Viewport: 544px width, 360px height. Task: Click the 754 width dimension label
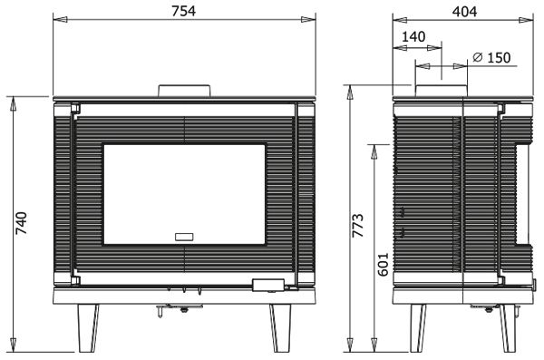(183, 11)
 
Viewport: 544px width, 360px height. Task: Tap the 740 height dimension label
(21, 223)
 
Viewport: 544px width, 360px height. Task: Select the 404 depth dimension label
(464, 12)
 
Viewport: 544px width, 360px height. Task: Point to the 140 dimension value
(413, 36)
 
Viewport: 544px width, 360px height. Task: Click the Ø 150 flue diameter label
(492, 58)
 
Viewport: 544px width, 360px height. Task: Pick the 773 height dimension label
(358, 226)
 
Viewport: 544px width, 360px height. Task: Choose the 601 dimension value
(383, 265)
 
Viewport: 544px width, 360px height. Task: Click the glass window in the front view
(184, 194)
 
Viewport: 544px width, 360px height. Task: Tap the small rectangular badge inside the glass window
(184, 237)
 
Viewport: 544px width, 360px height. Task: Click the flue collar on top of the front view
(184, 91)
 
